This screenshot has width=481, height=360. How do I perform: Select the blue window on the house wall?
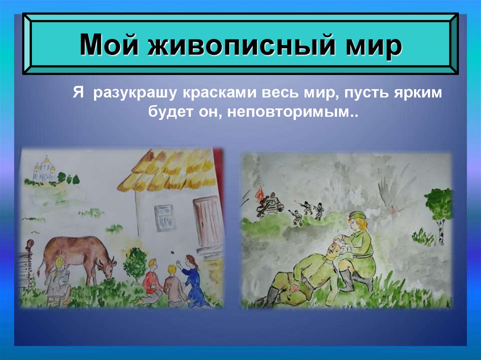pyautogui.click(x=165, y=217)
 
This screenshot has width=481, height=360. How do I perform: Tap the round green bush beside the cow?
pyautogui.click(x=135, y=263)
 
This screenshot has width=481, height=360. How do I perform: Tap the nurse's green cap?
pyautogui.click(x=356, y=216)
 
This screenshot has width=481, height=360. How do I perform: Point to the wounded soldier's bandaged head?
pyautogui.click(x=334, y=247)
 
